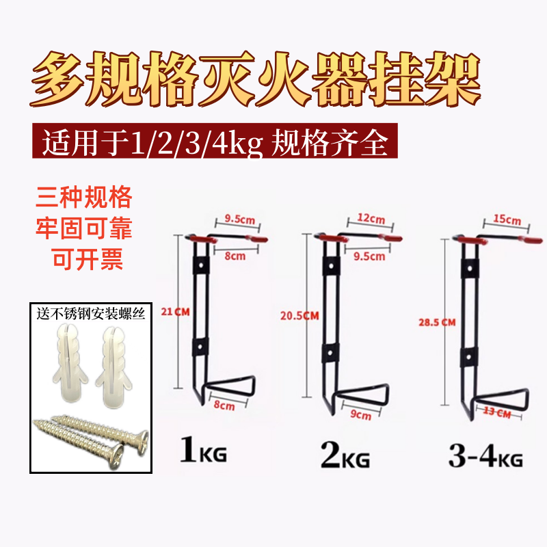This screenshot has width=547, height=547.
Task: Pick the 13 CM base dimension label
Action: pyautogui.click(x=497, y=412)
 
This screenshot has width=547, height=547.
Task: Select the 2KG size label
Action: pyautogui.click(x=346, y=455)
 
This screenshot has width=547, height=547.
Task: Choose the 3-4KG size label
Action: pyautogui.click(x=485, y=456)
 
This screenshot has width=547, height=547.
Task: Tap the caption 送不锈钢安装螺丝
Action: pyautogui.click(x=85, y=315)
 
